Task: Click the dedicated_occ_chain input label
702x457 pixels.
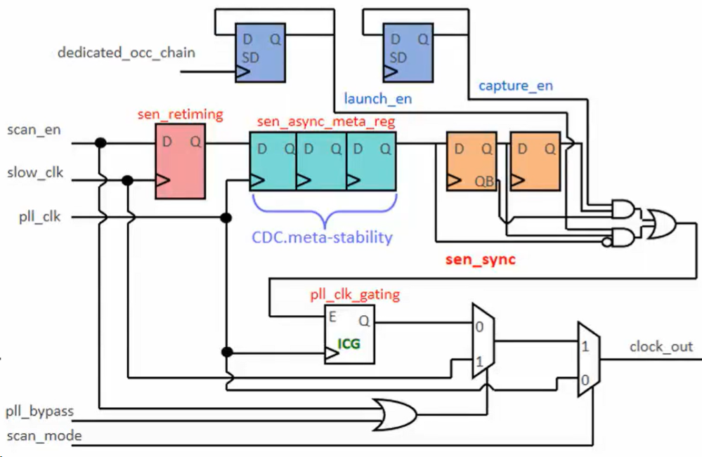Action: (126, 53)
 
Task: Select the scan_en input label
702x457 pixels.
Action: (34, 130)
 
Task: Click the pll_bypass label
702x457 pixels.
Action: (40, 410)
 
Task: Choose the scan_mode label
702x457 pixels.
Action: (44, 436)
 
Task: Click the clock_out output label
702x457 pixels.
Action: (661, 347)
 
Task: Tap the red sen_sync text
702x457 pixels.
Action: (481, 259)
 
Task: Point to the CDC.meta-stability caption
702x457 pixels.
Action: (322, 237)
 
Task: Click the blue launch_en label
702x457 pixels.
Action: (377, 99)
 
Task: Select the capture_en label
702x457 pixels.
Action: (515, 86)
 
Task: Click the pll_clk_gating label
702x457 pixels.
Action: (355, 295)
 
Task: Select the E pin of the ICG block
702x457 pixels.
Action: (332, 317)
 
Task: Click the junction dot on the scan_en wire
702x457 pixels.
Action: (100, 143)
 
